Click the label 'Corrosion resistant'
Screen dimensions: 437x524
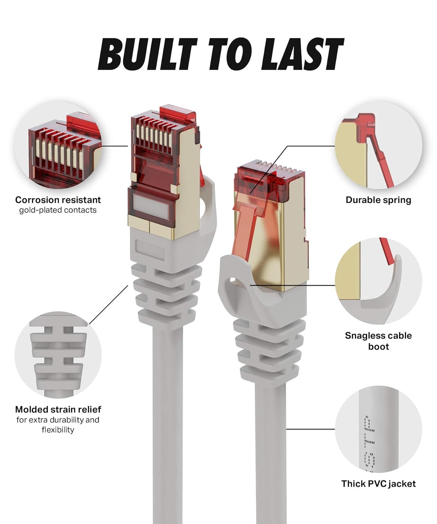(x=58, y=200)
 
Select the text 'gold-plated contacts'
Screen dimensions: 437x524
(x=58, y=210)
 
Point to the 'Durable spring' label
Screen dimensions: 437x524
(x=379, y=200)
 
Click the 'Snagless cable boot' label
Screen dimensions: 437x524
(x=379, y=341)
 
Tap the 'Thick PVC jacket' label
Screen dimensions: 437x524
(x=379, y=483)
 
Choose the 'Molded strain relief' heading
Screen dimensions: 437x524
(x=58, y=409)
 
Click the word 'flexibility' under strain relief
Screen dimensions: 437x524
(x=58, y=430)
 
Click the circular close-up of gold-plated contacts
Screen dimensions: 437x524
(x=58, y=145)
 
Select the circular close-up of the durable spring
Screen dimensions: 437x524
(x=379, y=145)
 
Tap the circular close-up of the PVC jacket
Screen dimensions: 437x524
(x=379, y=429)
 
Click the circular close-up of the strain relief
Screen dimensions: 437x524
(x=58, y=355)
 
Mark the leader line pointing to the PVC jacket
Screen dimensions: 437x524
(x=310, y=429)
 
